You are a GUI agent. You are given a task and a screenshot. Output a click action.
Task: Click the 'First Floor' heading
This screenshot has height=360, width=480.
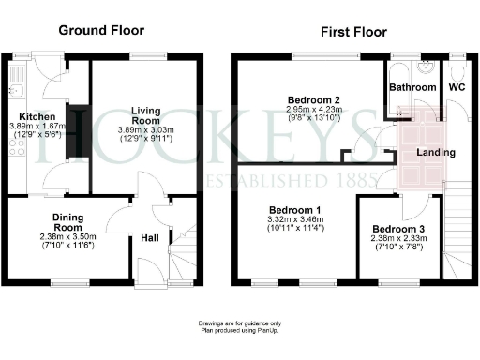(x=352, y=31)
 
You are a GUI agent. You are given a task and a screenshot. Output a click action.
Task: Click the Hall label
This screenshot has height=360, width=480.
(x=149, y=238)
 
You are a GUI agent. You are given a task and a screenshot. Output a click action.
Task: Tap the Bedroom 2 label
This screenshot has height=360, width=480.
(x=310, y=99)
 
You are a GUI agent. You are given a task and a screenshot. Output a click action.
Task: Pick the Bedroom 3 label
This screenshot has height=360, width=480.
(x=397, y=229)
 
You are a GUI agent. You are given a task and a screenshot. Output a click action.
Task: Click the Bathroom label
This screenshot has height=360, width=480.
(x=412, y=88)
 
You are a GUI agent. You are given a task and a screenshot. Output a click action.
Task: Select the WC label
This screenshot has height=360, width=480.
(x=457, y=88)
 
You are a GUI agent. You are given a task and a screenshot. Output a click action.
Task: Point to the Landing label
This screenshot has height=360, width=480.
(x=436, y=152)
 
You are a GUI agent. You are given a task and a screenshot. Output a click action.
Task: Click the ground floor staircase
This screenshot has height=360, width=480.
(x=183, y=253)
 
